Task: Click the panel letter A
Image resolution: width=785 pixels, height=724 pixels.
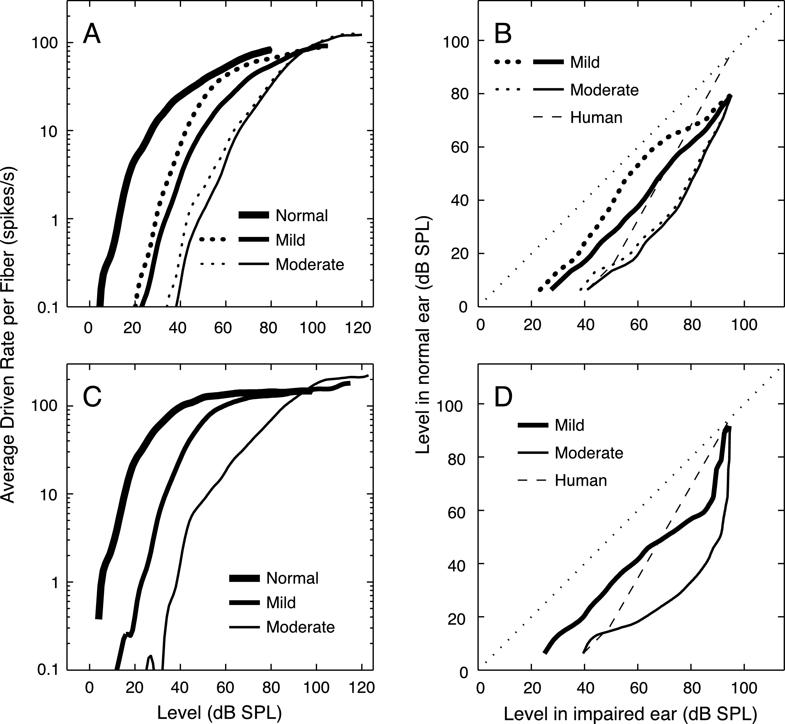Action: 92,34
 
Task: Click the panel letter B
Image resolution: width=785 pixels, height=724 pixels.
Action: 503,34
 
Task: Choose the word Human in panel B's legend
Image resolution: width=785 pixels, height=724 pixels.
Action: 596,118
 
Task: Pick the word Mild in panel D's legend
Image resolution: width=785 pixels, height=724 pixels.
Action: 569,425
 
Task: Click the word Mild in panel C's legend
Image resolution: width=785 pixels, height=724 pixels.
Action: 281,602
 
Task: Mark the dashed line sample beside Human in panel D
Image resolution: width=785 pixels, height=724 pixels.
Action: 533,480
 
